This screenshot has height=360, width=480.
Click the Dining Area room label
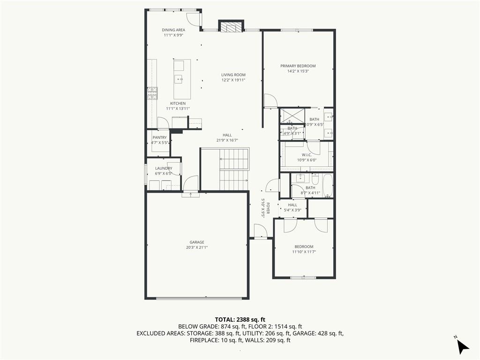pos(173,30)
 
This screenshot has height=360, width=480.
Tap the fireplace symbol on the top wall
pos(232,27)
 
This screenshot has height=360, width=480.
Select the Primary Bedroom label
pos(298,66)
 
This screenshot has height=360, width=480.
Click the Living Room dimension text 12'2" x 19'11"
pos(233,80)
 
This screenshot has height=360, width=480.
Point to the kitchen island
pos(182,78)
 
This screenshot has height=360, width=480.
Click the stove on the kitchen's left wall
pos(152,94)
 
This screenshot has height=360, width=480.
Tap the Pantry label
pos(159,137)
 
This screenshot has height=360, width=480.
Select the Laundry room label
pos(164,168)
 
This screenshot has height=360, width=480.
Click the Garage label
pos(196,242)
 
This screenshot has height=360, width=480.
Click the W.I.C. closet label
pos(307,155)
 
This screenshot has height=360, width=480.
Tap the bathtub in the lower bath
pos(327,186)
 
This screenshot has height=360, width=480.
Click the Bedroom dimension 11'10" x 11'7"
pos(304,252)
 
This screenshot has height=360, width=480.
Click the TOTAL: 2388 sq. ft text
pos(240,319)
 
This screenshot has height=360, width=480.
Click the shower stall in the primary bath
pos(292,115)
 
